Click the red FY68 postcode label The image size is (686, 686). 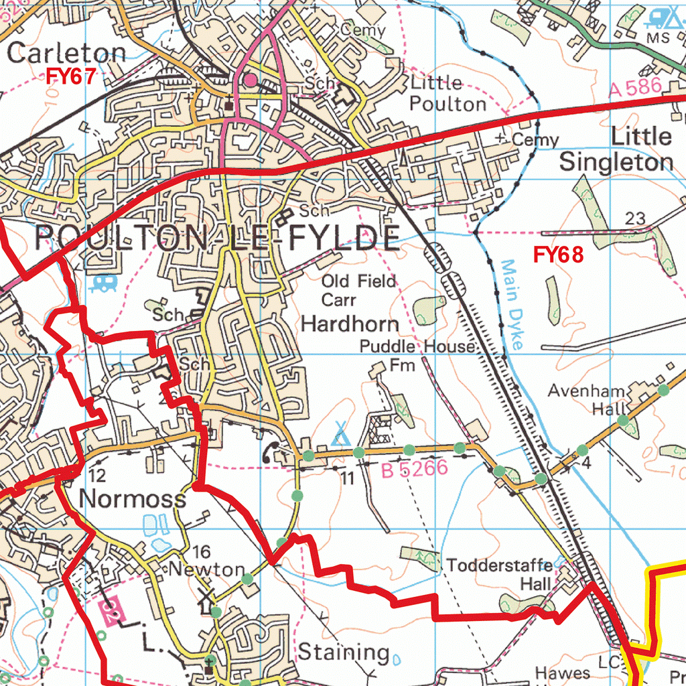(559, 255)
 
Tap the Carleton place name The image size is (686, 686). (66, 53)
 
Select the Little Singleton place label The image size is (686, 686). (616, 149)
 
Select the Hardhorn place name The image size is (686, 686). (350, 324)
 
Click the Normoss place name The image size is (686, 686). (133, 498)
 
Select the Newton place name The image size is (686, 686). (206, 569)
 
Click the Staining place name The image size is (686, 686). (343, 651)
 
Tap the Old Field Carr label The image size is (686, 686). (358, 289)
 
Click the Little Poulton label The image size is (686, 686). (447, 93)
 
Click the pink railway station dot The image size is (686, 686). (250, 80)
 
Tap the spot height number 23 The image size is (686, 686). (634, 218)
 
